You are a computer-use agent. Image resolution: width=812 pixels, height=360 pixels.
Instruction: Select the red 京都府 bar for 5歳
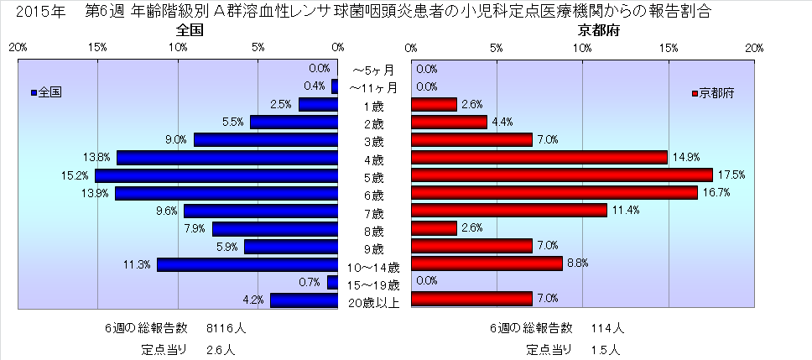click(x=561, y=175)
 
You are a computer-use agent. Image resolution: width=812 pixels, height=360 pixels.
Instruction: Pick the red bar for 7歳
click(x=508, y=210)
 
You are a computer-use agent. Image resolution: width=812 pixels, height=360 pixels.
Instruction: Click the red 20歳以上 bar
click(x=471, y=299)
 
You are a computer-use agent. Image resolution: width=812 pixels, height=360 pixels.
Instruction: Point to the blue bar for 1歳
click(x=318, y=105)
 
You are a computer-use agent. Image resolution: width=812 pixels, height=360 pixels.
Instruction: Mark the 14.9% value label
click(x=684, y=157)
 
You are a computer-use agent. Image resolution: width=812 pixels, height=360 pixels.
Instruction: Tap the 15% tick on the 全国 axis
click(x=97, y=48)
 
